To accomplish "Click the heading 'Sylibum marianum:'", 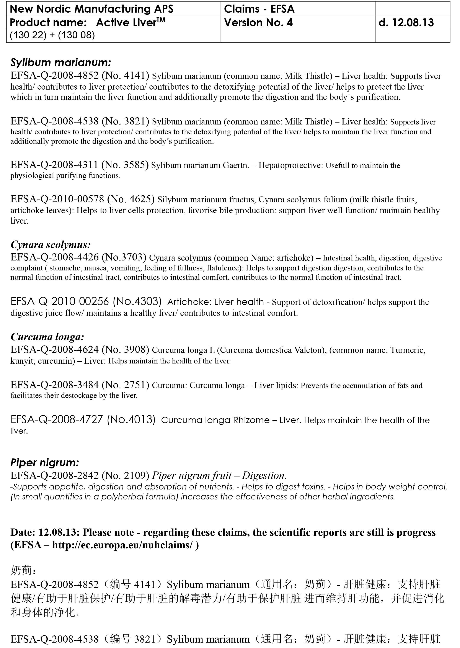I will [x=61, y=62].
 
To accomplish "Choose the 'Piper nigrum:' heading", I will [x=45, y=462].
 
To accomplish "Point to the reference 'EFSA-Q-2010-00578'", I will [x=57, y=199].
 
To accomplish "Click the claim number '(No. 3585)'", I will [x=125, y=165].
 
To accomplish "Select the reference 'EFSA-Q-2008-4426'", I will [x=54, y=257].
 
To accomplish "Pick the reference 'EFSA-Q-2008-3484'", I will [x=54, y=385].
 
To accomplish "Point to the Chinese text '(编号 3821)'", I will [x=133, y=639].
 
